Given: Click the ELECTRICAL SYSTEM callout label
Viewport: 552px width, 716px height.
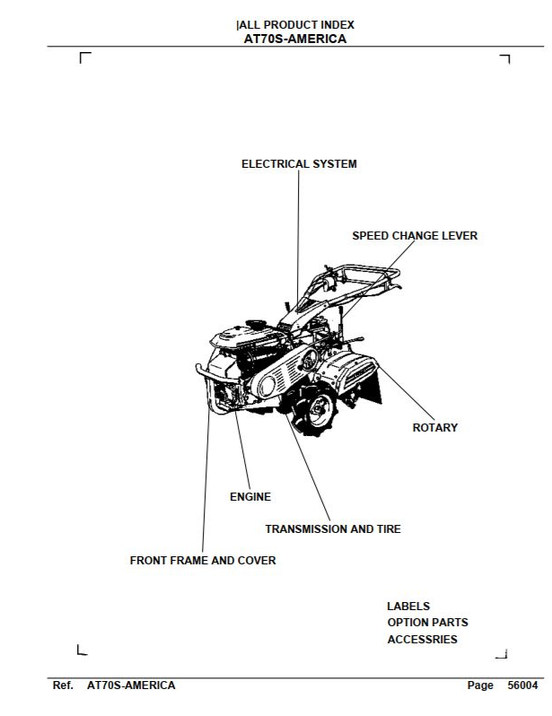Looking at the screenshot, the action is coord(299,164).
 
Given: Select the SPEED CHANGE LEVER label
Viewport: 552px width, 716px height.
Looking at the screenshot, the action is coord(415,236).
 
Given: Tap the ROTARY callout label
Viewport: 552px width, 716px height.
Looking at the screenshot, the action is coord(435,427).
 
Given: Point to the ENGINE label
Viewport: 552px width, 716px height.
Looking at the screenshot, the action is coord(250,497).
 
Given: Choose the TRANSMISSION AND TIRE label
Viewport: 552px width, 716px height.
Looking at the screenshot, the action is coord(333,528).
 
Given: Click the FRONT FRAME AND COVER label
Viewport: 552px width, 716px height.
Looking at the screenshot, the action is coord(203,560).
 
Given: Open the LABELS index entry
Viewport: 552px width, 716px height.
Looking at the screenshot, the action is coord(408,607).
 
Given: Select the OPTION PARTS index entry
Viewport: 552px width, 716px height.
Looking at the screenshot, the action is coord(427,623).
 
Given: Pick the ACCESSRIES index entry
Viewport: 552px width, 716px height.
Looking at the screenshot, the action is coord(422,639).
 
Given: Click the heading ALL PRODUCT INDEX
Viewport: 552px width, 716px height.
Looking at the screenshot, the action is coord(296,24).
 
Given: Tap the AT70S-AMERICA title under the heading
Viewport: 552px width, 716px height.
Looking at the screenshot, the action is coord(295,39).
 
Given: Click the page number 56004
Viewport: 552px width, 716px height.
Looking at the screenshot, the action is coord(522,685).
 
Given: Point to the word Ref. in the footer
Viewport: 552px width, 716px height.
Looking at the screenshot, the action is coord(63,685).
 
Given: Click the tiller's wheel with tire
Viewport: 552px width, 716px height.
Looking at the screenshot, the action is coord(317,410).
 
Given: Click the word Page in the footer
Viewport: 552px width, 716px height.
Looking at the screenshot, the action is coord(480,685).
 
